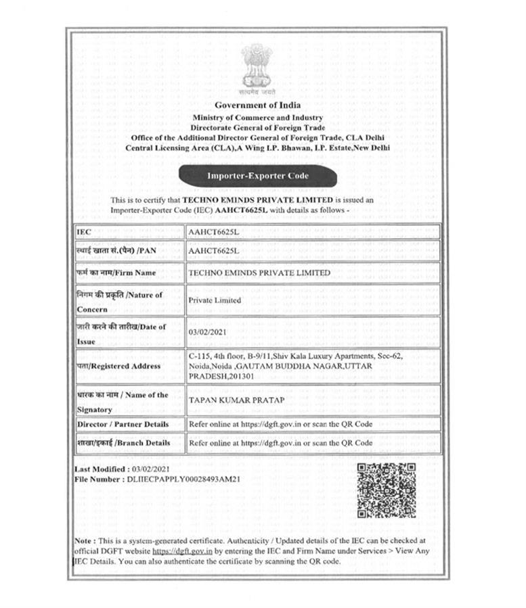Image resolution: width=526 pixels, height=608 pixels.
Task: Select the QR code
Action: click(x=385, y=490)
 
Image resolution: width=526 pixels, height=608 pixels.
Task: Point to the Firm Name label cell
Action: click(x=116, y=273)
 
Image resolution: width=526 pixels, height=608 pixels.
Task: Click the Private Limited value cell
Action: click(x=211, y=300)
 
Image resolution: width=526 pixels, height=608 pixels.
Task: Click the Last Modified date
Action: click(x=156, y=469)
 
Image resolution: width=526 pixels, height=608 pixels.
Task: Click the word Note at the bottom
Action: click(x=84, y=541)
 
